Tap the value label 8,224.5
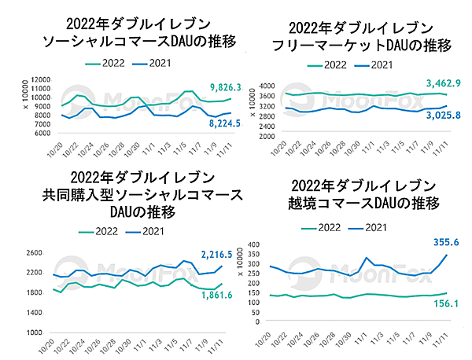[208, 123]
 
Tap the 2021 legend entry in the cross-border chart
[378, 227]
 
